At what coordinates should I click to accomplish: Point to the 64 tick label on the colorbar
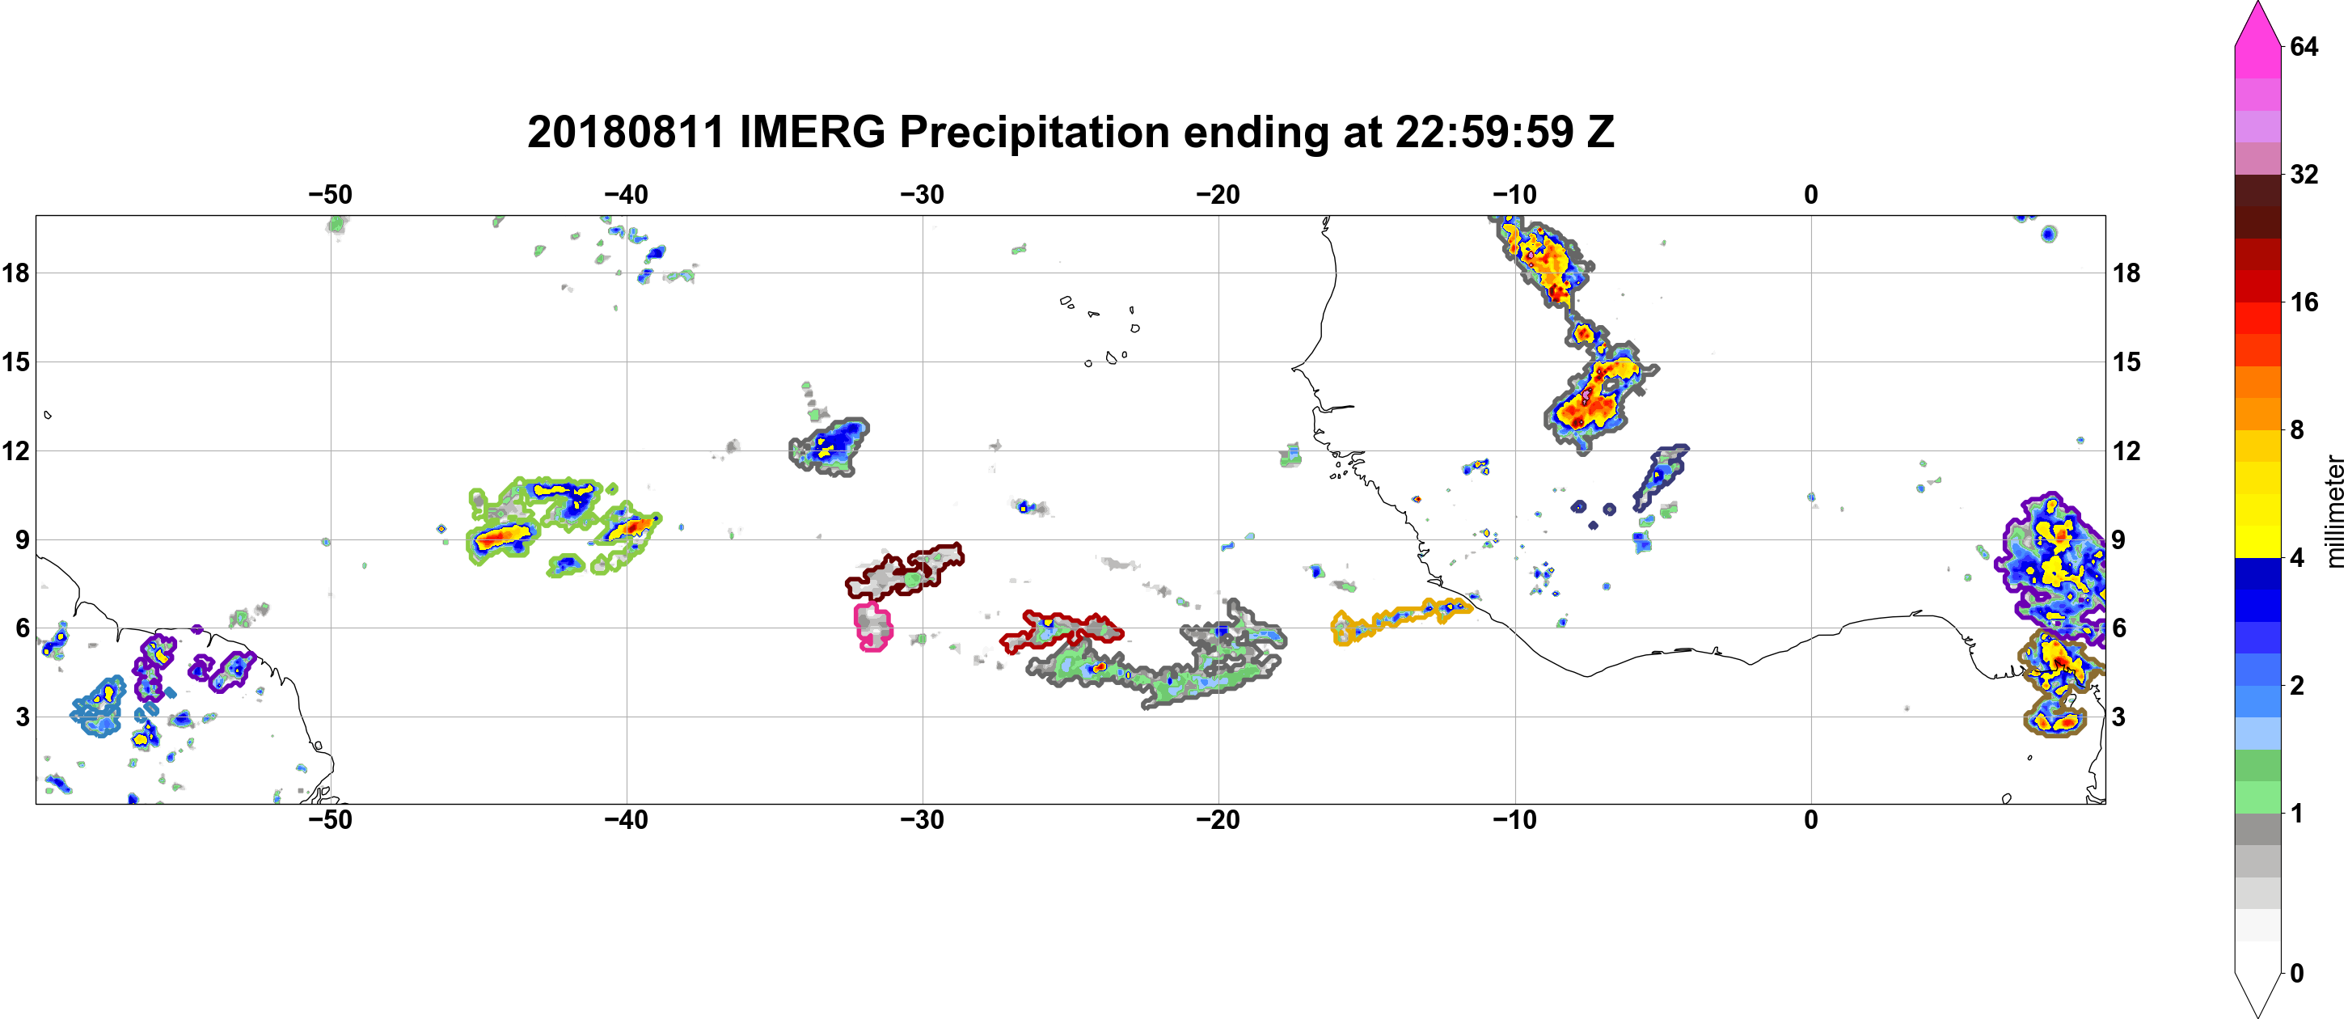coord(2304,46)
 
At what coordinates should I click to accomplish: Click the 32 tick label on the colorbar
coord(2304,174)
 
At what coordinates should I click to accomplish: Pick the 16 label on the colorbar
coord(2304,302)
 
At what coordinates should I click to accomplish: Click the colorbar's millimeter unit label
coord(2334,511)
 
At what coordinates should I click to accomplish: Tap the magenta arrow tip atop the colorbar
coord(2257,4)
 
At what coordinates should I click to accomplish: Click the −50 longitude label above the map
coord(330,194)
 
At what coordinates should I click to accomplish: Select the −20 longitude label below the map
coord(1218,819)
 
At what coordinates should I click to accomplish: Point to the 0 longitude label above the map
coord(1811,194)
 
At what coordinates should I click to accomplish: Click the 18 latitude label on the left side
coord(15,273)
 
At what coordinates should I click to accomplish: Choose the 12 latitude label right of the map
coord(2126,450)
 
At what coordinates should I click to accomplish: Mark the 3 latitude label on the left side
coord(22,717)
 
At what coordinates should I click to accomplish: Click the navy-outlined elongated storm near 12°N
coord(1661,476)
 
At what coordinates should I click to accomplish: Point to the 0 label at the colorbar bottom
coord(2297,974)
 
